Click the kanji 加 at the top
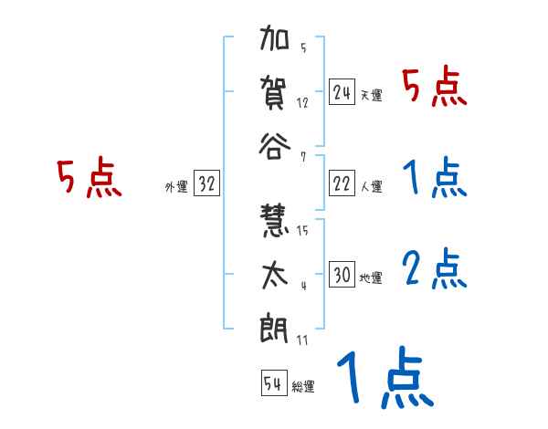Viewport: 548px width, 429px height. [x=275, y=42]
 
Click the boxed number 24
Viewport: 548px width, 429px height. [x=342, y=91]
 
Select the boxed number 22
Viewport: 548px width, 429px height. [x=342, y=183]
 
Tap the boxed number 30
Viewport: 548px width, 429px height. [x=342, y=275]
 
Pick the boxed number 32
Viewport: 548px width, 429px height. [x=206, y=183]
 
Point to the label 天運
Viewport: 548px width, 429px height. [x=371, y=95]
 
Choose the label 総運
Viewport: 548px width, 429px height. [x=302, y=386]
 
